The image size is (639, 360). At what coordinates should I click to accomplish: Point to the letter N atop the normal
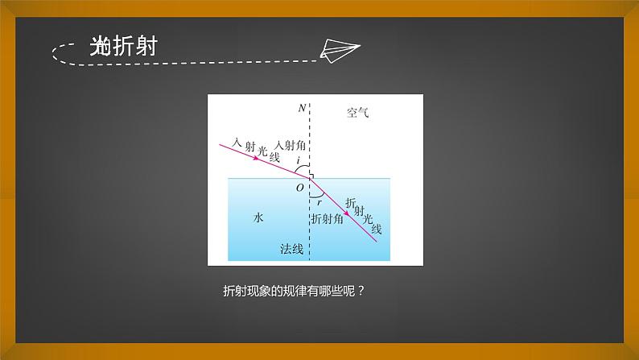coord(301,108)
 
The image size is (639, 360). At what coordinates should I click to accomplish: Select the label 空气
coord(357,114)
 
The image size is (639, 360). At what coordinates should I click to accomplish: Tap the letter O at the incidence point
coord(299,188)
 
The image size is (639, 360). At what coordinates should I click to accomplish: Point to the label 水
coord(258,217)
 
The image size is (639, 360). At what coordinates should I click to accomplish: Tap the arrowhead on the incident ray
coord(257,158)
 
